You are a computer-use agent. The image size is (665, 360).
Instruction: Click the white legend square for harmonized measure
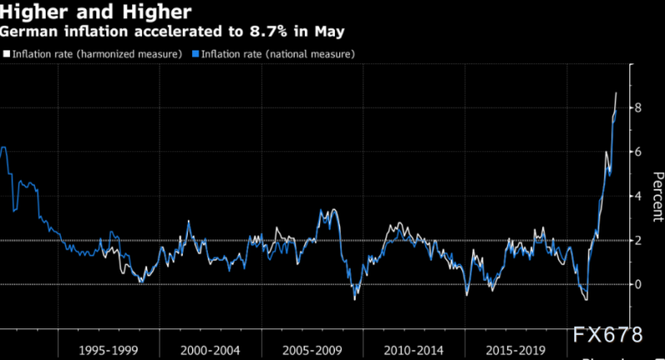tap(7, 54)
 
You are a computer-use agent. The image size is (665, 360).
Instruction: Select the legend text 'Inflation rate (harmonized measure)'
tap(96, 54)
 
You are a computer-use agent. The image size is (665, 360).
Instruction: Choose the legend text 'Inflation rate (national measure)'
tap(277, 54)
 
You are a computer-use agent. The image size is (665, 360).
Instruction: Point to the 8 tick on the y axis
tap(638, 107)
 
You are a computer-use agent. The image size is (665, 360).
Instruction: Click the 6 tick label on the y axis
tap(638, 151)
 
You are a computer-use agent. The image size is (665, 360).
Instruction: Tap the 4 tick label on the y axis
tap(638, 196)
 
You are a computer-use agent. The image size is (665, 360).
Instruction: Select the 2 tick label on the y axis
tap(638, 240)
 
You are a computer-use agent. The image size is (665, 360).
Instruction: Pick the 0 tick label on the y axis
tap(638, 284)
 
